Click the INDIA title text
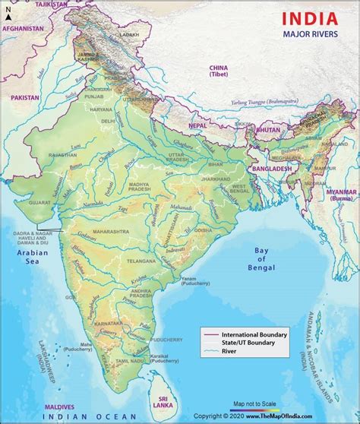tap(310, 17)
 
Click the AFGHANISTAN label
tap(24, 29)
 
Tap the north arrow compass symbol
tap(7, 11)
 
